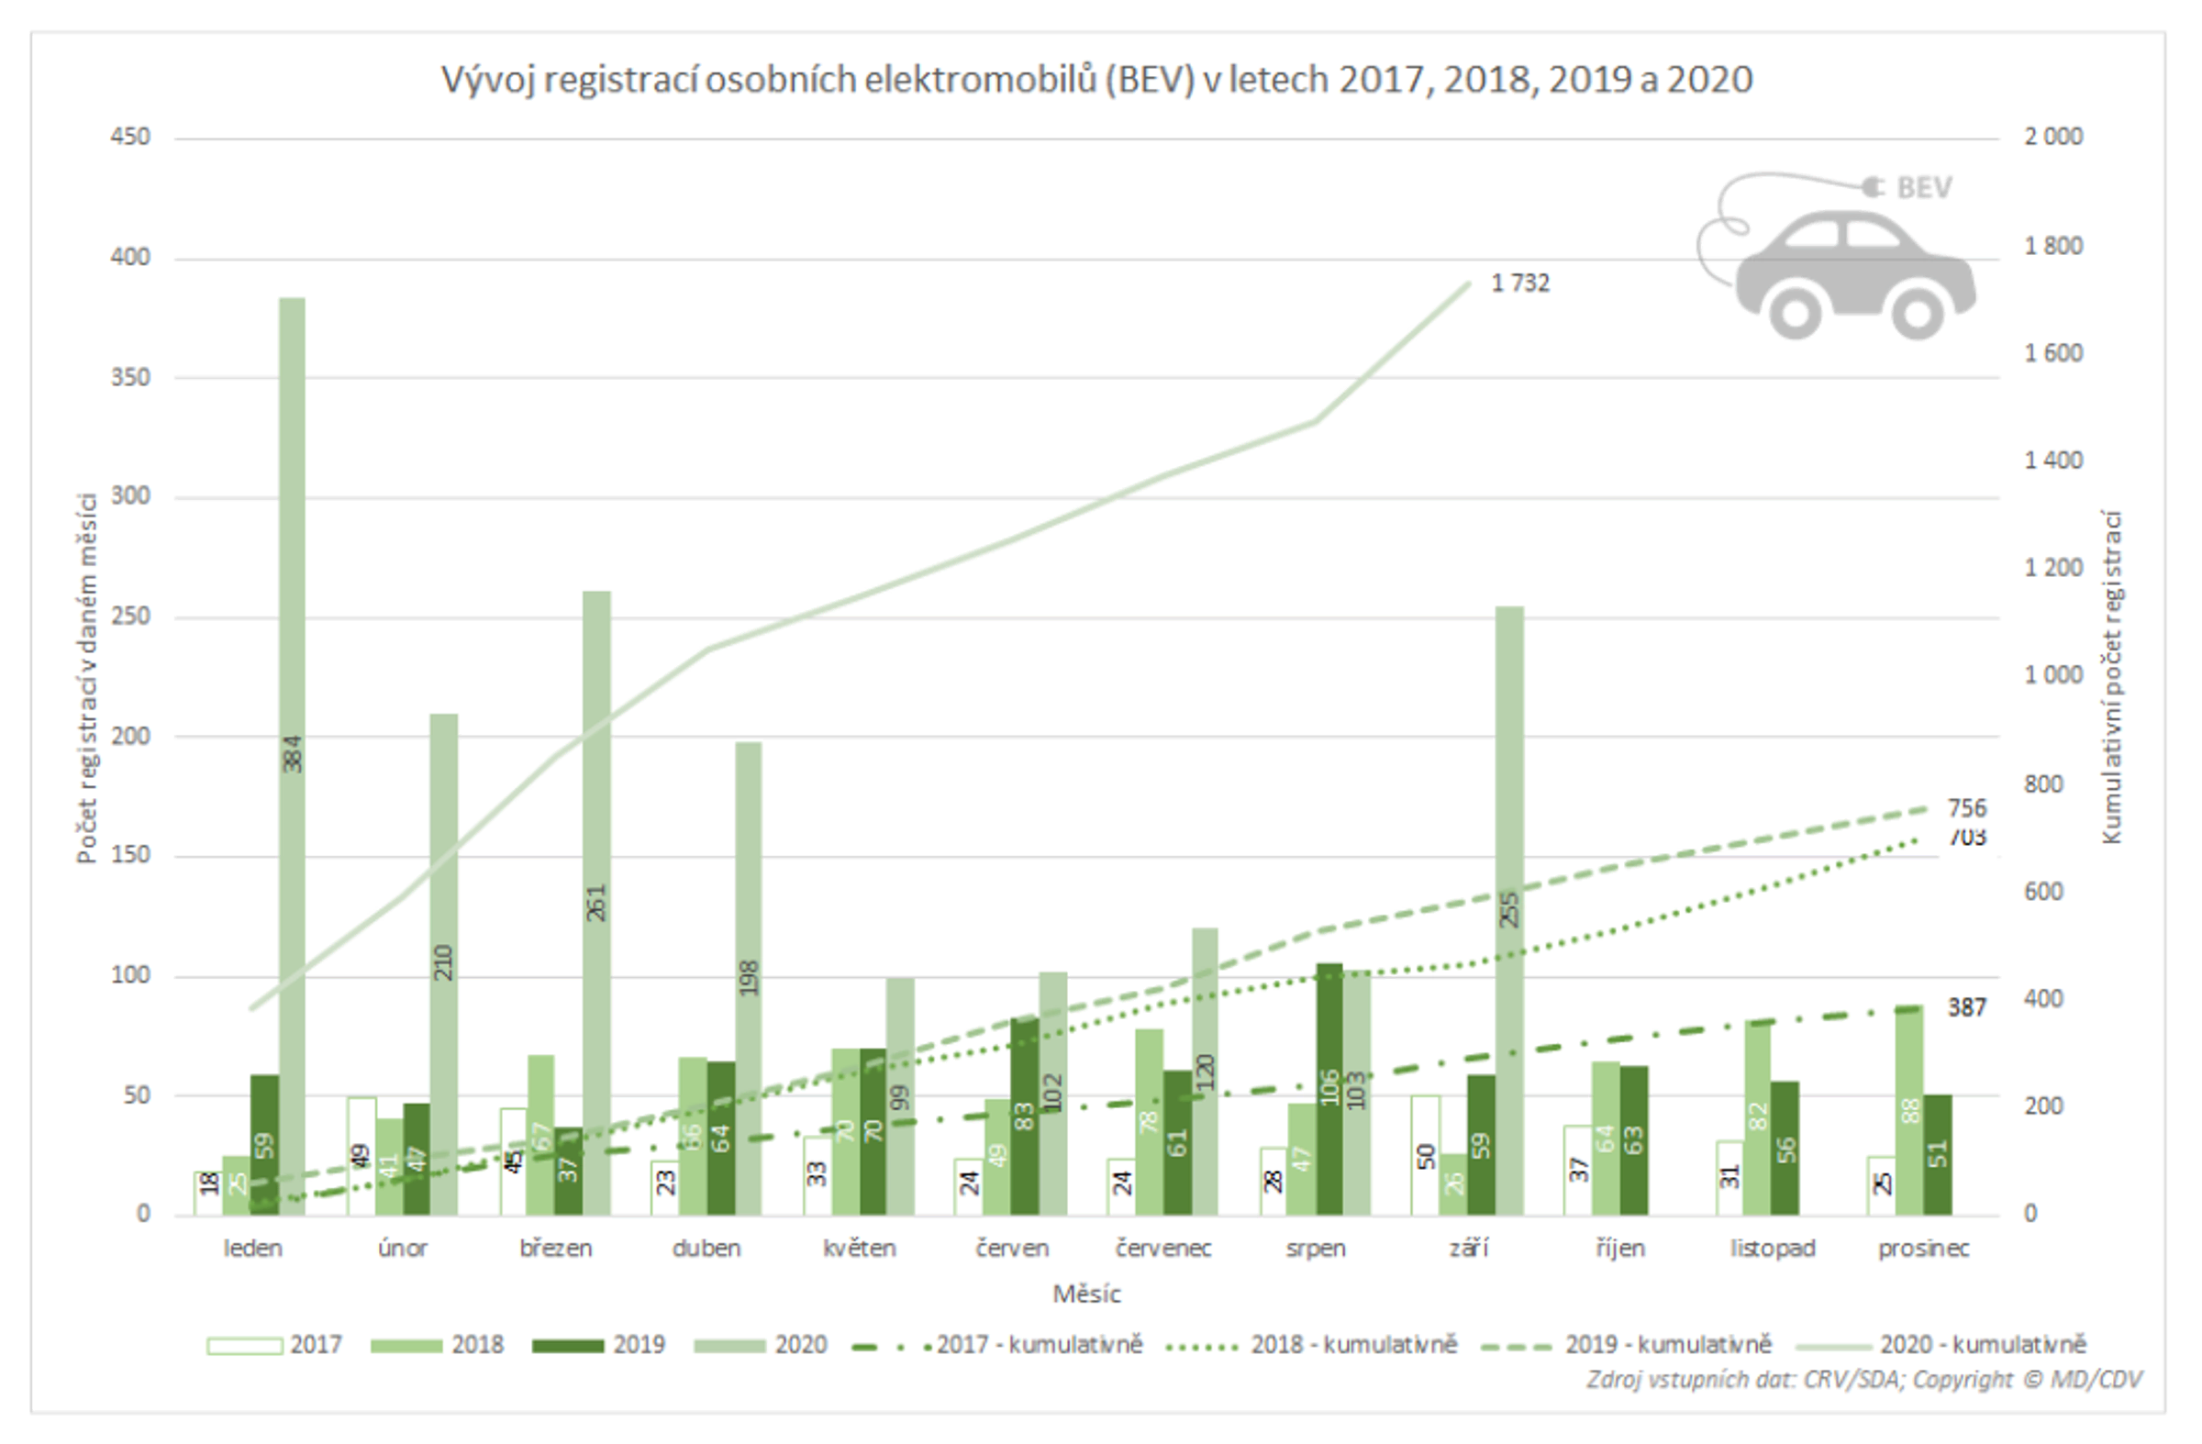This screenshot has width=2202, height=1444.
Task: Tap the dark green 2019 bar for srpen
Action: pos(1329,1092)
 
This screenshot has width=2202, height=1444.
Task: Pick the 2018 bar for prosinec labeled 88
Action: pos(1908,1110)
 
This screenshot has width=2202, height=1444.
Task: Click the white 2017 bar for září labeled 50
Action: pos(1425,1156)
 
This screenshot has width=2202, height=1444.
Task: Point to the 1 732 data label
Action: pos(1520,283)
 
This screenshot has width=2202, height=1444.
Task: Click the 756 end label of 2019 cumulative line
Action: pos(1966,808)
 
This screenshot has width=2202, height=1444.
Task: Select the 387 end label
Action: pos(1966,1007)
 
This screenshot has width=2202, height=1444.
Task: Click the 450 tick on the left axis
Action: pos(129,137)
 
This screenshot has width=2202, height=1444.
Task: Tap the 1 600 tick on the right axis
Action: pos(2053,353)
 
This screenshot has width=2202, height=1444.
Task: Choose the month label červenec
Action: pos(1163,1249)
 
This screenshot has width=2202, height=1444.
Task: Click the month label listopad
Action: pos(1772,1249)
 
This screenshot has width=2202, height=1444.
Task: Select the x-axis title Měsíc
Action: pos(1086,1294)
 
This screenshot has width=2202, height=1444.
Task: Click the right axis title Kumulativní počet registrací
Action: pos(2111,677)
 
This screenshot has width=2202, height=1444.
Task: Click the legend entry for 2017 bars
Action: pos(273,1345)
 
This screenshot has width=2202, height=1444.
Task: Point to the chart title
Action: pos(1096,81)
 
